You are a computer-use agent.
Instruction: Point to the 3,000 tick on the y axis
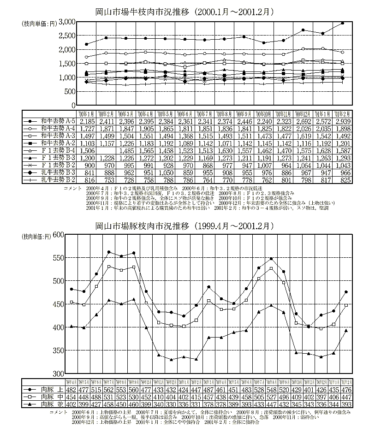67,22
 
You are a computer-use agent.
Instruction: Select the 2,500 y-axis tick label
67,36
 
